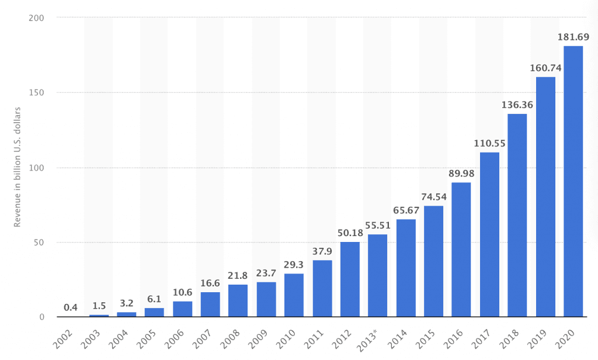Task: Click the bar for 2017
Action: [489, 234]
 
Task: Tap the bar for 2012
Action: [350, 279]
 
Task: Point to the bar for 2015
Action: [433, 261]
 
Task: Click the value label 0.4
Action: [70, 308]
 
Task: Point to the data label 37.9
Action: [322, 252]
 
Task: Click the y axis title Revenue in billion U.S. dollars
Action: [18, 167]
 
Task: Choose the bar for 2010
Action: [294, 295]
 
